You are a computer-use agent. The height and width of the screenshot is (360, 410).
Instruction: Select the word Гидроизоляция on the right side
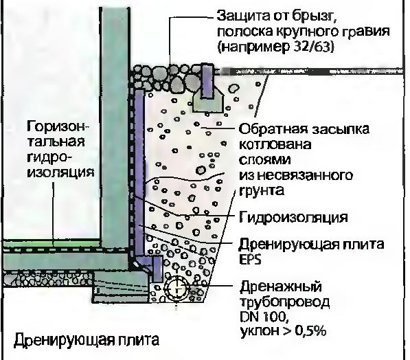293,217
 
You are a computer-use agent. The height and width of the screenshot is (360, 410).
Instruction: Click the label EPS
250,260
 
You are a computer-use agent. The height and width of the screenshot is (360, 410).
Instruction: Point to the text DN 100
264,317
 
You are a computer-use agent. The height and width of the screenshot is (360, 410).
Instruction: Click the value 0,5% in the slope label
310,331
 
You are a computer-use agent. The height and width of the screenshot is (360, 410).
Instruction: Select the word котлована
275,144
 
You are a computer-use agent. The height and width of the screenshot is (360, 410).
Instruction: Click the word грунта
262,191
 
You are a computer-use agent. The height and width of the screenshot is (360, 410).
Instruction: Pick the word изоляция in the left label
60,172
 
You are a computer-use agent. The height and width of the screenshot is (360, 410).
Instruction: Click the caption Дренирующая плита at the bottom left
87,340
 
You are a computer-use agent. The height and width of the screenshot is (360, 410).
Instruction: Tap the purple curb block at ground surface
208,80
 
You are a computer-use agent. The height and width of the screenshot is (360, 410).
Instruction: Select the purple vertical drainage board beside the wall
139,172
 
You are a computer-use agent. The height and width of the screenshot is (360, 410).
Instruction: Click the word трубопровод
285,302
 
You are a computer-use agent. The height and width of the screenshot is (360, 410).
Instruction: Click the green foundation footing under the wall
122,287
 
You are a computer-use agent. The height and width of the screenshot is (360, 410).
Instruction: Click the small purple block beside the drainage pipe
157,269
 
